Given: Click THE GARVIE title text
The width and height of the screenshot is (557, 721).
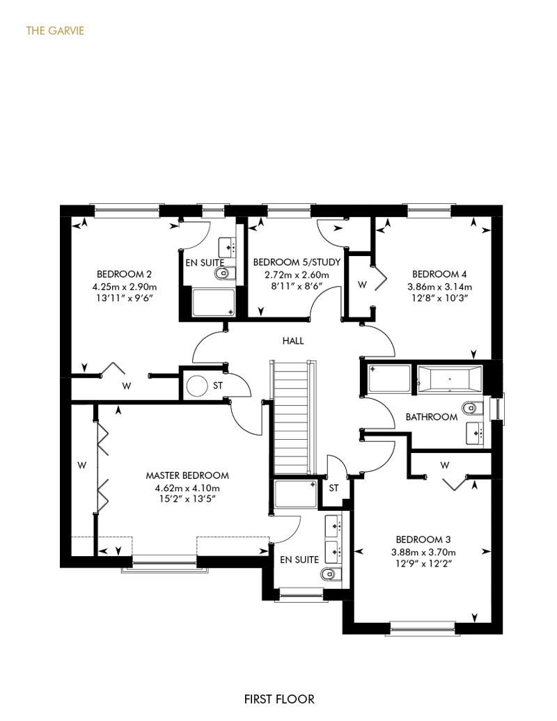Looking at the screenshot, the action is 55,31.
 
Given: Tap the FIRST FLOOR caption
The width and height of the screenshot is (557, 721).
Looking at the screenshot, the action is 279,699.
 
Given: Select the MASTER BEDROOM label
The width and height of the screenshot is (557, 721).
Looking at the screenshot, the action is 187,475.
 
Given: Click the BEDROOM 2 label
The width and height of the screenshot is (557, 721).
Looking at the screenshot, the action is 124,274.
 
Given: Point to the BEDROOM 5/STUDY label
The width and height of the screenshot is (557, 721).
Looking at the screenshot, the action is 297,262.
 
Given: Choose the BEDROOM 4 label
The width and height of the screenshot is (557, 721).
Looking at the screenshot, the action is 439,274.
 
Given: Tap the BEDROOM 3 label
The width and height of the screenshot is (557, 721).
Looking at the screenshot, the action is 423,539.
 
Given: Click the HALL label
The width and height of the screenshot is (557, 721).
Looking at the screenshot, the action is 293,341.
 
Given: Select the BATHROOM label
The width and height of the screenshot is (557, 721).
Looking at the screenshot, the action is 432,417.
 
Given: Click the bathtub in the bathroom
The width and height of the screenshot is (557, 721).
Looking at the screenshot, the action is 449,379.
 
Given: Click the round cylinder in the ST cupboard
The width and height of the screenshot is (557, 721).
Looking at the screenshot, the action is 196,386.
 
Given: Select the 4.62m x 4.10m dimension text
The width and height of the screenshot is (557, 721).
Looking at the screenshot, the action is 187,488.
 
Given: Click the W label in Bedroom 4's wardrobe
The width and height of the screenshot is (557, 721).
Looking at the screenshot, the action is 363,285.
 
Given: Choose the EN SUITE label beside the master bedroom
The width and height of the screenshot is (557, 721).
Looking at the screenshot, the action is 299,560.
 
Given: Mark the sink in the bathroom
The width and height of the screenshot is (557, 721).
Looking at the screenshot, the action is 475,433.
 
